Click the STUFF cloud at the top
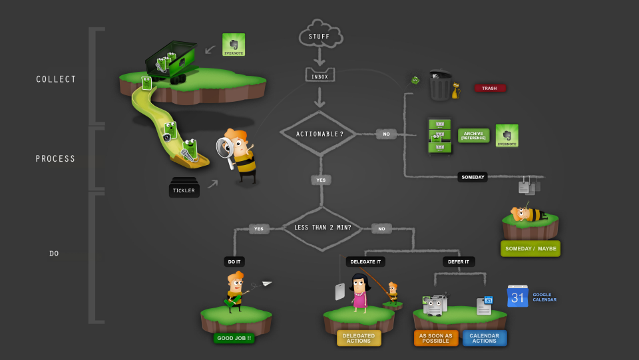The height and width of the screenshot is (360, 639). coord(320,35)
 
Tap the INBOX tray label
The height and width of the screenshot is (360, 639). coord(320,76)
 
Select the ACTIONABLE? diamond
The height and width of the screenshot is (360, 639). coord(320,134)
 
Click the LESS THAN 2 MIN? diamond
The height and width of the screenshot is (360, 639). coord(322,228)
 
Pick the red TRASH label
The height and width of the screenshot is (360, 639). coord(490,88)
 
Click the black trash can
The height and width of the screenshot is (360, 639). coord(440,86)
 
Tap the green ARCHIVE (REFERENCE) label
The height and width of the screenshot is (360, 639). coord(473,135)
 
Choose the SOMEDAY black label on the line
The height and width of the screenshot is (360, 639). coord(473,177)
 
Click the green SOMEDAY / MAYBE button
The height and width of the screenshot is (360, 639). coord(530,249)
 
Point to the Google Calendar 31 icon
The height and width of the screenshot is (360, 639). coord(518,296)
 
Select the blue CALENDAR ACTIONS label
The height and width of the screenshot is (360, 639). coord(485,338)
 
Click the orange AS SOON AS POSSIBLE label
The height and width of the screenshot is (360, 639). coord(436,338)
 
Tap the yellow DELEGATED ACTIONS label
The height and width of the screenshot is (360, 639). coord(359,338)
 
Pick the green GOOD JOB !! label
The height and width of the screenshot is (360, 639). coord(233,338)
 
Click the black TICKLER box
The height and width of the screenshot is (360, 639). coord(184,190)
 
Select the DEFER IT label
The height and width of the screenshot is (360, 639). coord(458,262)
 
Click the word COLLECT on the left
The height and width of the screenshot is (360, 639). coord(56,79)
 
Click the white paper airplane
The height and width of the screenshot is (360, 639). coord(267,284)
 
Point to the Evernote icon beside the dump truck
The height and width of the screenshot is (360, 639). coord(234,45)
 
